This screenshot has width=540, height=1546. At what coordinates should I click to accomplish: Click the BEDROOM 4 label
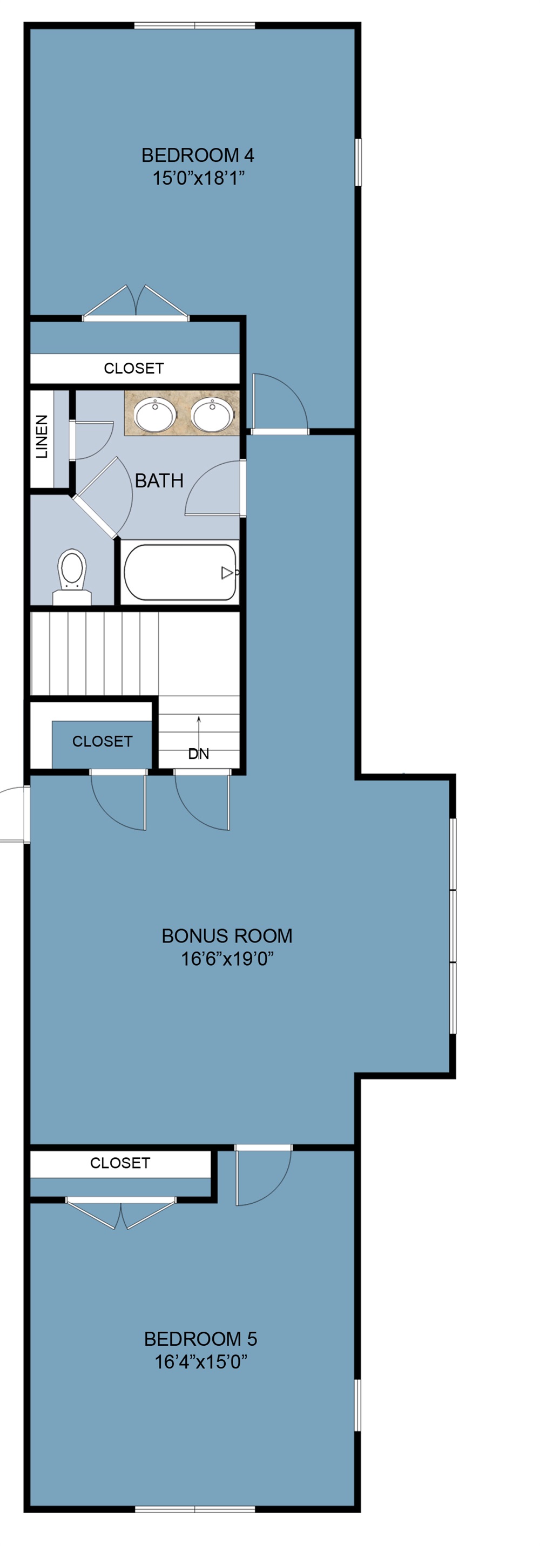pyautogui.click(x=197, y=155)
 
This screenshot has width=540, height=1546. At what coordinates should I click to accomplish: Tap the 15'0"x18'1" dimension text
pyautogui.click(x=198, y=178)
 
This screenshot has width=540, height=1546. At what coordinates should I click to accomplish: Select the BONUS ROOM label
pyautogui.click(x=226, y=935)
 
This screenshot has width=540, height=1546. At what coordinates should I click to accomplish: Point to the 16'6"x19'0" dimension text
pyautogui.click(x=226, y=959)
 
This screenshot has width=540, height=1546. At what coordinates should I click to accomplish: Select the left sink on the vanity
pyautogui.click(x=155, y=414)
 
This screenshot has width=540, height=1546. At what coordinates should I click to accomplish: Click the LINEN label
pyautogui.click(x=42, y=436)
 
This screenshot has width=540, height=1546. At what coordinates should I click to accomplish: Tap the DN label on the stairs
pyautogui.click(x=198, y=754)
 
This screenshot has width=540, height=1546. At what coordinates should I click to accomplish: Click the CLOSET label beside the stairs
pyautogui.click(x=102, y=741)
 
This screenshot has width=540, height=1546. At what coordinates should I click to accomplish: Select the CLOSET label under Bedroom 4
pyautogui.click(x=133, y=368)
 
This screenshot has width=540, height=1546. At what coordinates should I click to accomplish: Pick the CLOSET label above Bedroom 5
pyautogui.click(x=119, y=1163)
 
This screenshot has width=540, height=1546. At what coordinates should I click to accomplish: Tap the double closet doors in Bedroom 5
pyautogui.click(x=121, y=1212)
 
